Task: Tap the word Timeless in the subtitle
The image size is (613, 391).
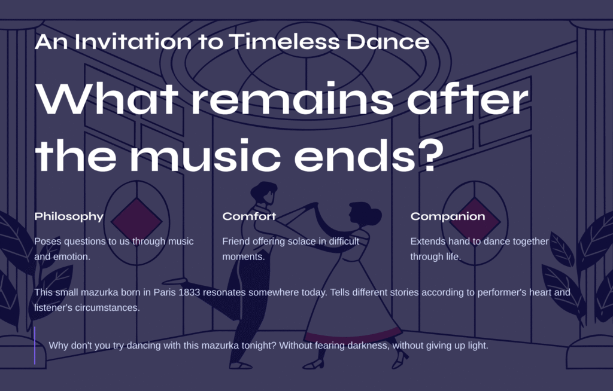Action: click(x=284, y=41)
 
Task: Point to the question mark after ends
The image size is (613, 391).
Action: click(x=431, y=155)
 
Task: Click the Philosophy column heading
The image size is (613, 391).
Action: click(x=69, y=217)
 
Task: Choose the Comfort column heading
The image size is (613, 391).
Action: click(x=249, y=216)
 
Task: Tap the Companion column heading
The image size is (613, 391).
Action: click(x=448, y=217)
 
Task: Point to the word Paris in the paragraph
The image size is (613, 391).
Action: click(x=164, y=292)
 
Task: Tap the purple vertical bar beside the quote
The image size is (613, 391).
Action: click(x=35, y=346)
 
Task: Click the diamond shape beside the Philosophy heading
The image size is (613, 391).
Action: click(x=136, y=221)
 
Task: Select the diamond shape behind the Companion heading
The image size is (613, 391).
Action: click(x=475, y=221)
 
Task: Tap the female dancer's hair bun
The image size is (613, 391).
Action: click(x=374, y=216)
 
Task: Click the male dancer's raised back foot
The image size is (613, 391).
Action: click(x=174, y=281)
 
